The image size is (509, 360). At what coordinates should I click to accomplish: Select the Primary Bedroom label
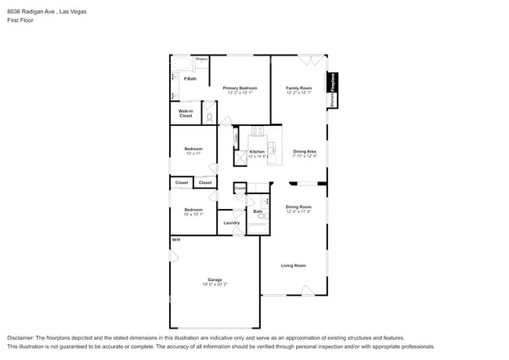tap(239, 88)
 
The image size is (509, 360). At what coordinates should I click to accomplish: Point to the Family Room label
tap(298, 88)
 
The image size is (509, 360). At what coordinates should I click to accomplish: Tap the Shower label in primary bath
tap(201, 59)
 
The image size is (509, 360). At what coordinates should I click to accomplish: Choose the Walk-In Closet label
tap(186, 113)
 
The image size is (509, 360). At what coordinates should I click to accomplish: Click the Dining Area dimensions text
tap(305, 157)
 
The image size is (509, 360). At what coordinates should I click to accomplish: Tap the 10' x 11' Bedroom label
tap(193, 153)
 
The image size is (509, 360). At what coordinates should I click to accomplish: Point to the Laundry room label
tap(231, 223)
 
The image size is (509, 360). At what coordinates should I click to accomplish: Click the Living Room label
tap(294, 265)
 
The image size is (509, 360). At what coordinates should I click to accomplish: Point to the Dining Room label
tap(298, 207)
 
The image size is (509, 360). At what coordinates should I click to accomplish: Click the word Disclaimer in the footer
tap(23, 337)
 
